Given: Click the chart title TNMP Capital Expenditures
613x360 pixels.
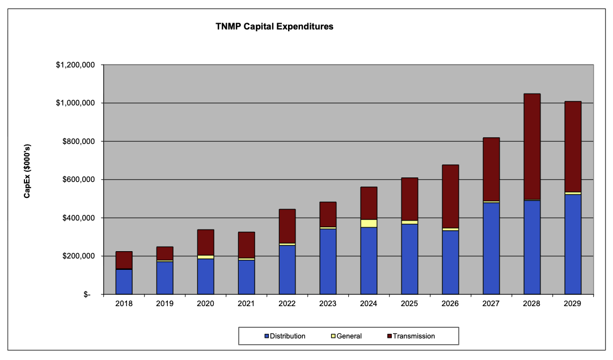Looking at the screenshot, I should [x=274, y=27].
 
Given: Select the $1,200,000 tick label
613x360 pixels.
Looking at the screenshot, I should [x=75, y=65].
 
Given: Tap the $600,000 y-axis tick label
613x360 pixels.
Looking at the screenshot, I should [x=78, y=180].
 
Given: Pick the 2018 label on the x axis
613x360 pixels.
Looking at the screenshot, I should [x=124, y=304].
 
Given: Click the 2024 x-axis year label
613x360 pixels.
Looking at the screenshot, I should [x=369, y=304].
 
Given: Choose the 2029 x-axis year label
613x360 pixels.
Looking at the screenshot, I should [x=573, y=304].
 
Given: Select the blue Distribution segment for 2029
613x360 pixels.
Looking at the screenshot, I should [x=573, y=244].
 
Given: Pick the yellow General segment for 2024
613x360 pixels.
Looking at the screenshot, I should [x=369, y=223].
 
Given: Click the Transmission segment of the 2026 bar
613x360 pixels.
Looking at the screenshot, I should [x=450, y=196].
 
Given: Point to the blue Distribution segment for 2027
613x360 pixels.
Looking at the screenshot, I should [x=491, y=248].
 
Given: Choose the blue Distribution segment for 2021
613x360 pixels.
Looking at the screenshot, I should [x=246, y=277].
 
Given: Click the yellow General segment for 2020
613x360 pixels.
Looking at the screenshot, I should [x=205, y=257].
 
